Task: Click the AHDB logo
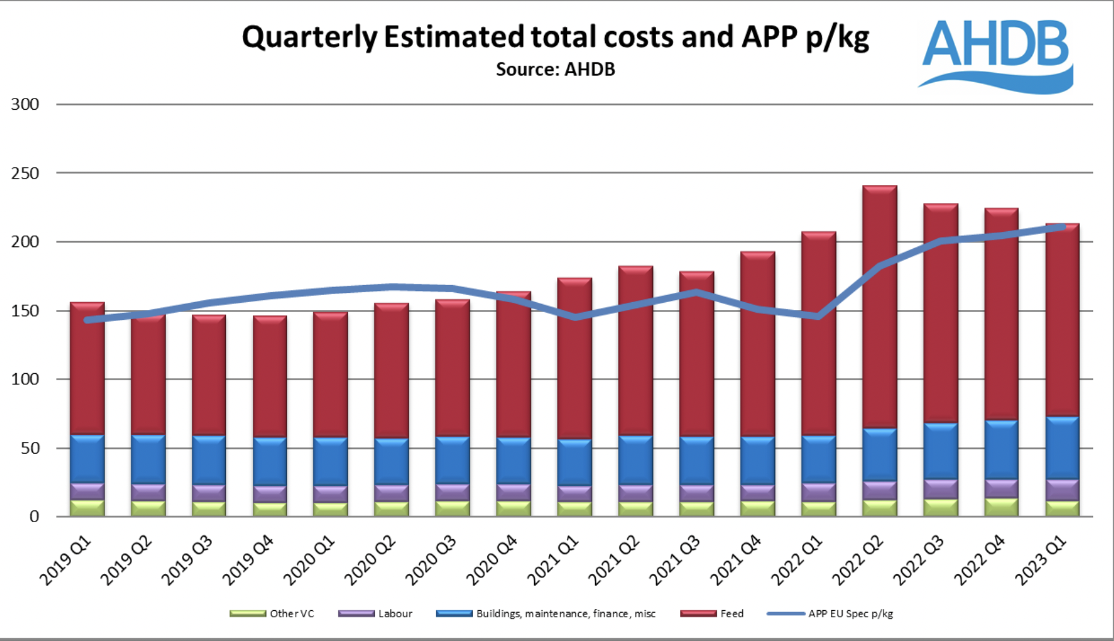[x=996, y=54]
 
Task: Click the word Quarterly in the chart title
[x=309, y=37]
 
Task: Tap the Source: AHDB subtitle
[x=555, y=70]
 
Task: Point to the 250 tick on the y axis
[x=25, y=173]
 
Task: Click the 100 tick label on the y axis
[x=25, y=380]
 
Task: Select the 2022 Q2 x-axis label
[x=857, y=560]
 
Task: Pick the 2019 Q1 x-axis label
[x=65, y=560]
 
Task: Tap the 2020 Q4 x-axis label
[x=491, y=560]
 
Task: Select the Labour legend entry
[x=376, y=613]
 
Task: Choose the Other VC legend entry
[x=273, y=613]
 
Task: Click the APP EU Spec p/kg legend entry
[x=831, y=613]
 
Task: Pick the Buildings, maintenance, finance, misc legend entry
[x=546, y=613]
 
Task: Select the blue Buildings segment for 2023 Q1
[x=1063, y=448]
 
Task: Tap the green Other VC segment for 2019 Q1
[x=87, y=508]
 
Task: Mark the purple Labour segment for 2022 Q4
[x=1001, y=488]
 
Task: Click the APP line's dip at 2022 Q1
[x=818, y=317]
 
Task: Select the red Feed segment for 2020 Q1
[x=330, y=374]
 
